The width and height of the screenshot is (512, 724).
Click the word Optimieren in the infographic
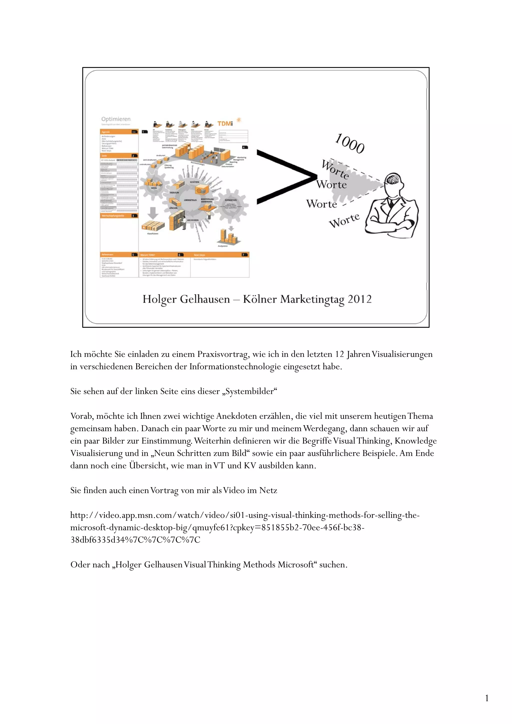pos(116,119)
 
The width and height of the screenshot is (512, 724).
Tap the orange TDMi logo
pos(225,124)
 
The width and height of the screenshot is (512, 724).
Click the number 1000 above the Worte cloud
pos(349,144)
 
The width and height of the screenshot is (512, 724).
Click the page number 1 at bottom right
pos(487,698)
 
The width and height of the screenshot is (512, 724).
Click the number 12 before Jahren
pos(339,354)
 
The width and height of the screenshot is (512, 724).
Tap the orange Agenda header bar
pos(119,132)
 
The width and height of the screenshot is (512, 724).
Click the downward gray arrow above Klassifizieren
pos(153,213)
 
